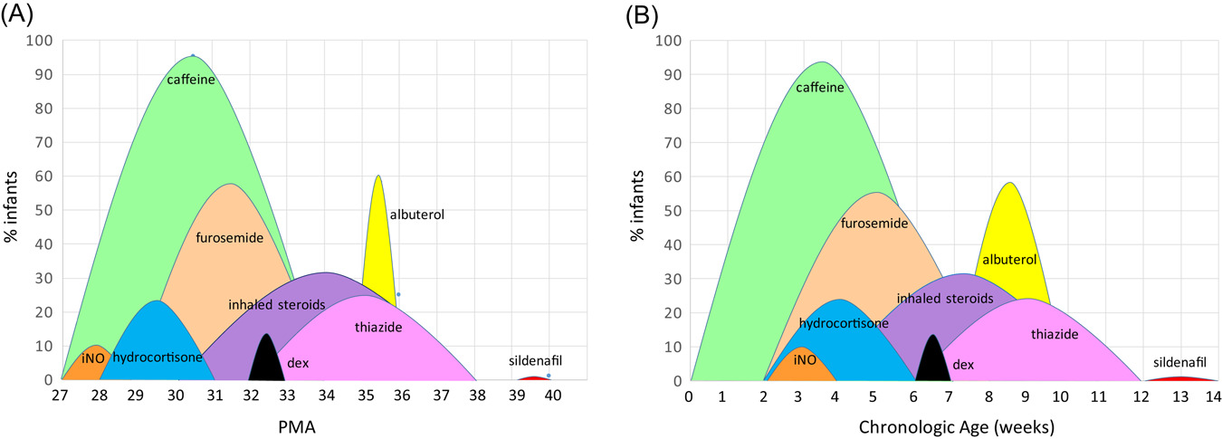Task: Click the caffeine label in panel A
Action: [x=190, y=80]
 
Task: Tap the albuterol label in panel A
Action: [x=416, y=215]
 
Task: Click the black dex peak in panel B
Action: [x=933, y=362]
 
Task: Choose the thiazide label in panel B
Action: [x=1055, y=335]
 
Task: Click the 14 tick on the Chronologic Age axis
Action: [x=1212, y=395]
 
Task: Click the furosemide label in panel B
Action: [x=874, y=224]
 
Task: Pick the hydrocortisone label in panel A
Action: [x=158, y=358]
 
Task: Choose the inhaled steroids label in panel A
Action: [x=277, y=304]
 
